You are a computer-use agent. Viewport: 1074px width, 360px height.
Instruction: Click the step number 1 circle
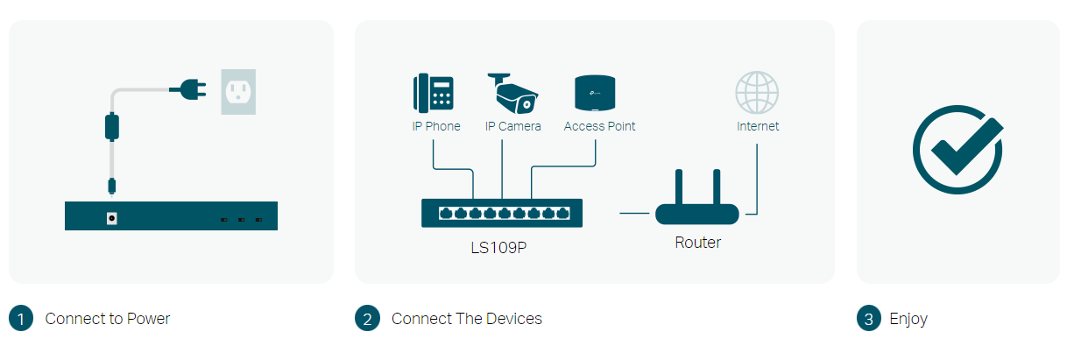[21, 319]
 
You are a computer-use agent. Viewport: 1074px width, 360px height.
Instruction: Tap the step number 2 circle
[367, 319]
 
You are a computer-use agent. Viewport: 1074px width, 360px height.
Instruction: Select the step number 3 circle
[868, 319]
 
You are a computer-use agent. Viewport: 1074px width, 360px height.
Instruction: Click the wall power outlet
[238, 90]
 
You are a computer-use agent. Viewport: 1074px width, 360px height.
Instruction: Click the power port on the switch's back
[111, 217]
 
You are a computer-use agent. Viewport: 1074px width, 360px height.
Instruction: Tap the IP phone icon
[433, 92]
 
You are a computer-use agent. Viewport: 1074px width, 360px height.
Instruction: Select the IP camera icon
[513, 92]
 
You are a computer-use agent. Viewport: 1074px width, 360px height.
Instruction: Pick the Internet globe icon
[757, 92]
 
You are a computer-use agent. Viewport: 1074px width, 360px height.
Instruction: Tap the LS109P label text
[498, 247]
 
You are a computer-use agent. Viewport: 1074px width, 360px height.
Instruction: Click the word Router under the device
[697, 243]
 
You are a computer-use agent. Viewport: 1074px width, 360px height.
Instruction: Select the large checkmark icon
[957, 149]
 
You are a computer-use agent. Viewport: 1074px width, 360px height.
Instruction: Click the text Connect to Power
[108, 319]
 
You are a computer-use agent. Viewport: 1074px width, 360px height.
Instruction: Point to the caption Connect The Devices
[467, 319]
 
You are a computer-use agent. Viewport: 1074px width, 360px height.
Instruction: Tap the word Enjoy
[908, 319]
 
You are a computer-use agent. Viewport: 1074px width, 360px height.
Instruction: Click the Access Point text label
[599, 126]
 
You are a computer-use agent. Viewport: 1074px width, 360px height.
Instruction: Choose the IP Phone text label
[436, 126]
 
